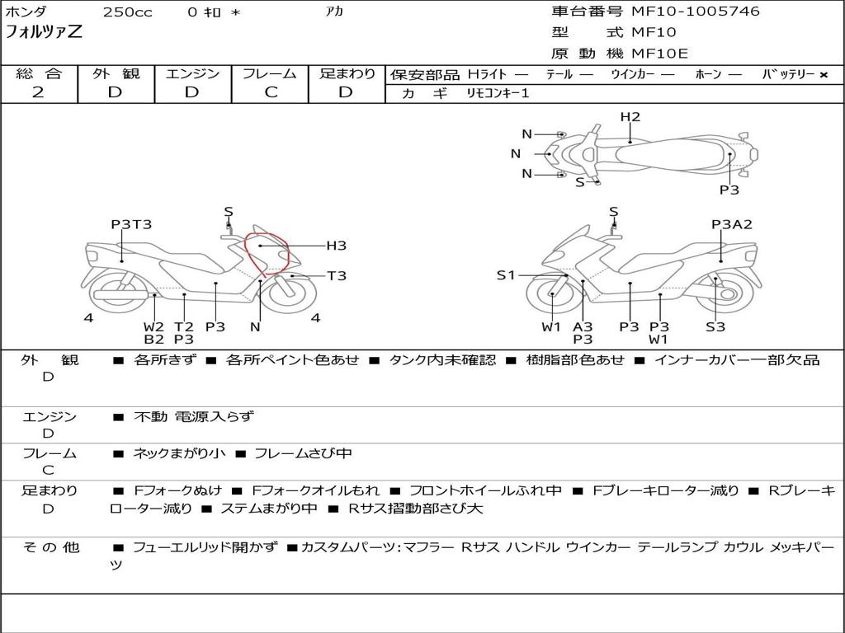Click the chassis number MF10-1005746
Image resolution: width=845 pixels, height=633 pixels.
pos(695,12)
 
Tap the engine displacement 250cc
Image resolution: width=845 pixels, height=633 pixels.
pos(127,12)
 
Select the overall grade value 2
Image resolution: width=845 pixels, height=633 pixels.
pos(38,92)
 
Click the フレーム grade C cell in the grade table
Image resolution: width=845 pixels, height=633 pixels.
pos(271,92)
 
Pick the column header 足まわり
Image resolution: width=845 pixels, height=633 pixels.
pos(347,74)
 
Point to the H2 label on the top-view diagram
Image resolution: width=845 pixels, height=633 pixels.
pos(630,117)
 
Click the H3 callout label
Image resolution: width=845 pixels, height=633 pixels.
pos(336,246)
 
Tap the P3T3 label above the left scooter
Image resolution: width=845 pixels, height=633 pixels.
pos(131,224)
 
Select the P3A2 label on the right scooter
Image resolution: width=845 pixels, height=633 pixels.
pos(732,224)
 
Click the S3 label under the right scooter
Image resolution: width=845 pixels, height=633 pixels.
pos(715,326)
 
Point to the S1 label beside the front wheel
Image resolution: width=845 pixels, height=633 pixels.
pos(506,275)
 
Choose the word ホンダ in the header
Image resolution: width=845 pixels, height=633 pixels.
pos(26,12)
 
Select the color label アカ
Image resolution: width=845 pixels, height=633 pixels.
pos(334,12)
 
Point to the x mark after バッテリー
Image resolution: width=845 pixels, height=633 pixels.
pos(823,75)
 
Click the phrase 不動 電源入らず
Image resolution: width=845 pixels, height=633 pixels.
pos(194,417)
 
